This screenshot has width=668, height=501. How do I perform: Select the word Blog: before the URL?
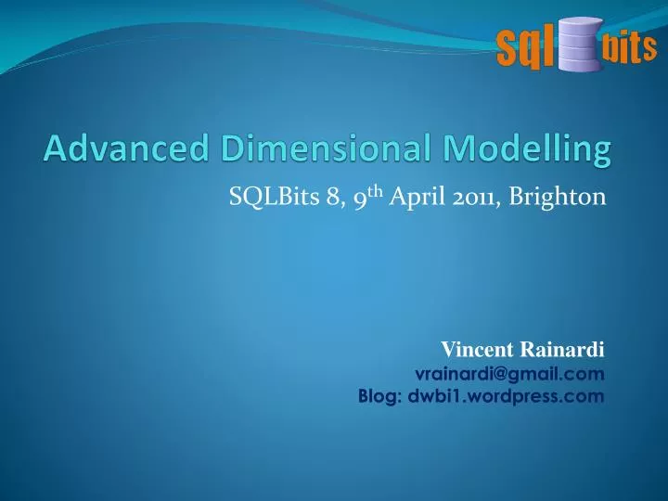coord(379,396)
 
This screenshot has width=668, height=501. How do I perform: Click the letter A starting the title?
coord(55,148)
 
